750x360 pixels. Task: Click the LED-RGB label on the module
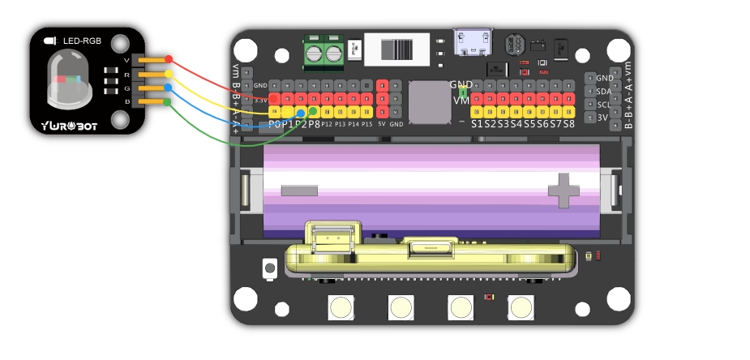82,40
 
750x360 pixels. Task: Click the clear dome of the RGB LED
66,79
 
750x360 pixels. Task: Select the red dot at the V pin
169,59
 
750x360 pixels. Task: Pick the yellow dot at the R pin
169,73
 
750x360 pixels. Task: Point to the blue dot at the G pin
169,88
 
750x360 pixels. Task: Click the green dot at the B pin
168,101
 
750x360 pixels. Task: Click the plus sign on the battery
564,190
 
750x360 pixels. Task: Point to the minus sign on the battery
299,190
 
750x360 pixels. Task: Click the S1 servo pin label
478,124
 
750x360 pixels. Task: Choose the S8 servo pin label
568,124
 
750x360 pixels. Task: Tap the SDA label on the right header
604,92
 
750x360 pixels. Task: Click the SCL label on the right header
604,105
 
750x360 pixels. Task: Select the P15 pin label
366,124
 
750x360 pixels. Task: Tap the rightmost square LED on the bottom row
521,307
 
